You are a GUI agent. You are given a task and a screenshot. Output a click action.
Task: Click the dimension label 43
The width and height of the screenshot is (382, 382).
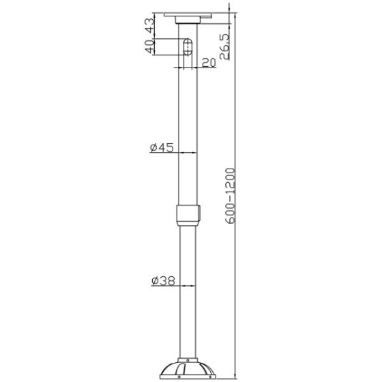coord(150,25)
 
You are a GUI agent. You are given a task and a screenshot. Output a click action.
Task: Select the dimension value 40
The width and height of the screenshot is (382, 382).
coord(150,47)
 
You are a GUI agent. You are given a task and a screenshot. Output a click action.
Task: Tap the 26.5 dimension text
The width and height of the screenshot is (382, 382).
coord(224,47)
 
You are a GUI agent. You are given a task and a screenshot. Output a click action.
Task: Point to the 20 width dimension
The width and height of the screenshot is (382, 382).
coord(209,63)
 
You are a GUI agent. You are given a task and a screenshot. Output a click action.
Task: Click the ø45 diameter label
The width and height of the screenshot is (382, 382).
coord(162,147)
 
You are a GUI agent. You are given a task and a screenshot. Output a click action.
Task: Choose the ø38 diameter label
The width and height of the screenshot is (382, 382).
coord(163,280)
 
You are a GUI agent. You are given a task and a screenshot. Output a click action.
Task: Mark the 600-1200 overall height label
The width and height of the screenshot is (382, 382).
coord(231,196)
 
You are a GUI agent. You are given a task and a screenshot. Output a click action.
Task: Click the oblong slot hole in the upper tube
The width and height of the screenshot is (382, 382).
coord(188,47)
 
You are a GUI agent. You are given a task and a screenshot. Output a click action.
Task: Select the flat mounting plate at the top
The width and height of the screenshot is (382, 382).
coord(188,15)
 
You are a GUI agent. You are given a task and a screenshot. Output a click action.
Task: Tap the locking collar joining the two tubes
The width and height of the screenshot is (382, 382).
coord(188,216)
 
